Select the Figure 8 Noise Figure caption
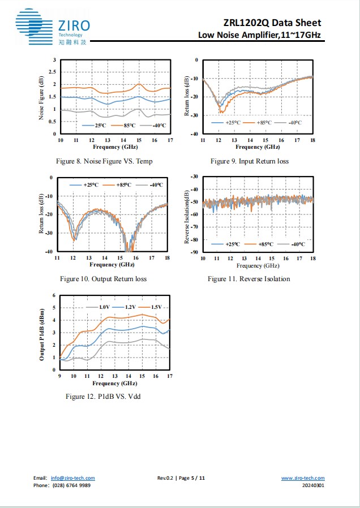click(104, 161)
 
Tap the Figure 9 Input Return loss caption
click(250, 161)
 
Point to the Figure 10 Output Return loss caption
click(104, 279)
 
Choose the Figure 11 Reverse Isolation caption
click(248, 279)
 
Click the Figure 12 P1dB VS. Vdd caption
click(103, 396)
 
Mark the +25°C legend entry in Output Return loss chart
click(86, 185)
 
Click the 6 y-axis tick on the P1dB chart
click(54, 295)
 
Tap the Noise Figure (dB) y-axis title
click(42, 97)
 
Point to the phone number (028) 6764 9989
click(70, 485)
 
